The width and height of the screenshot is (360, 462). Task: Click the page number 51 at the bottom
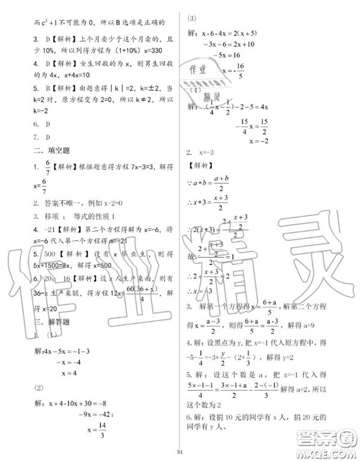point(180,450)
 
